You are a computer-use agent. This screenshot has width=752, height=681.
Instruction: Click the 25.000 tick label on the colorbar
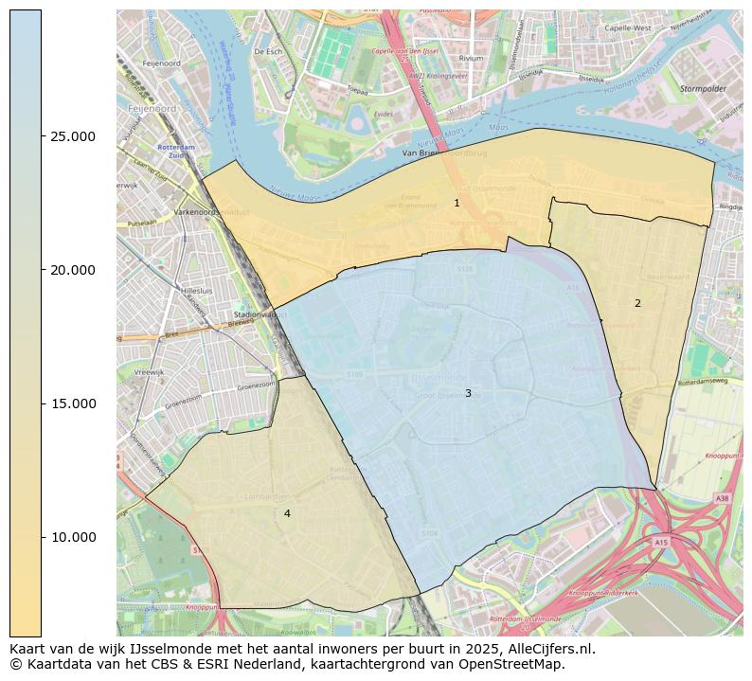[73, 136]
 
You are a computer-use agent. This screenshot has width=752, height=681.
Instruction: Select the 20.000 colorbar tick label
[73, 270]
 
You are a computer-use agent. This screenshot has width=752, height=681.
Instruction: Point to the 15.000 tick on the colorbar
[73, 403]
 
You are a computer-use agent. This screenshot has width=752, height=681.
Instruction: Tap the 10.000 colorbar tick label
[73, 537]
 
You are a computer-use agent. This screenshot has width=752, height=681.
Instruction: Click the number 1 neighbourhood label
[457, 203]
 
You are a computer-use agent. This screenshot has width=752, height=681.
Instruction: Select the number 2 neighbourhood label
[637, 303]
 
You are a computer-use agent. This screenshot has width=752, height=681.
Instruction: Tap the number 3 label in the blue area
[468, 393]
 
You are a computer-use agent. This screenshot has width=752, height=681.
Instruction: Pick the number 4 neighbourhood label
[287, 513]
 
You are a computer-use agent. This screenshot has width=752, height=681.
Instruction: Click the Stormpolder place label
[701, 88]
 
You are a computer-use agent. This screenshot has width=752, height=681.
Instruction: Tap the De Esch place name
[268, 51]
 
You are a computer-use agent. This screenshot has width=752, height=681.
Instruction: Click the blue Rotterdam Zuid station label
[149, 151]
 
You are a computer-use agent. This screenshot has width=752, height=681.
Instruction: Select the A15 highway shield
[660, 542]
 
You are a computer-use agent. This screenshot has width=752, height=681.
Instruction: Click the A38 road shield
[723, 497]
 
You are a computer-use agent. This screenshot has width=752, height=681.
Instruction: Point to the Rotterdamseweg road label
[702, 383]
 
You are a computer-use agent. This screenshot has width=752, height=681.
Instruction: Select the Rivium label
[471, 58]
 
